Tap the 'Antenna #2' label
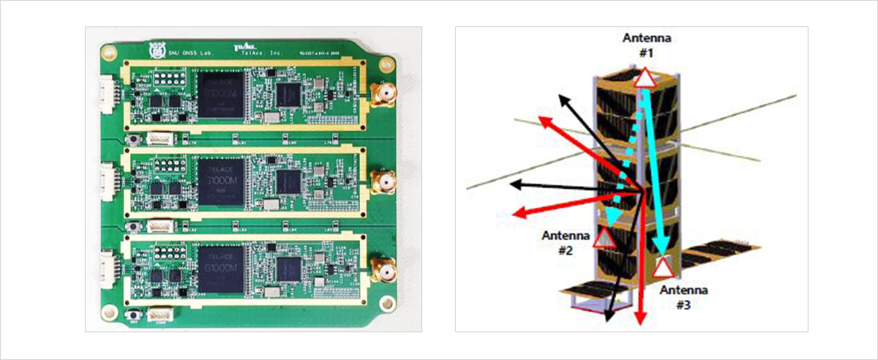pos(562,242)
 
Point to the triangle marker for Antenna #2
pos(604,238)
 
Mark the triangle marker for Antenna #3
pos(663,267)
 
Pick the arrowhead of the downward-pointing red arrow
pos(641,317)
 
